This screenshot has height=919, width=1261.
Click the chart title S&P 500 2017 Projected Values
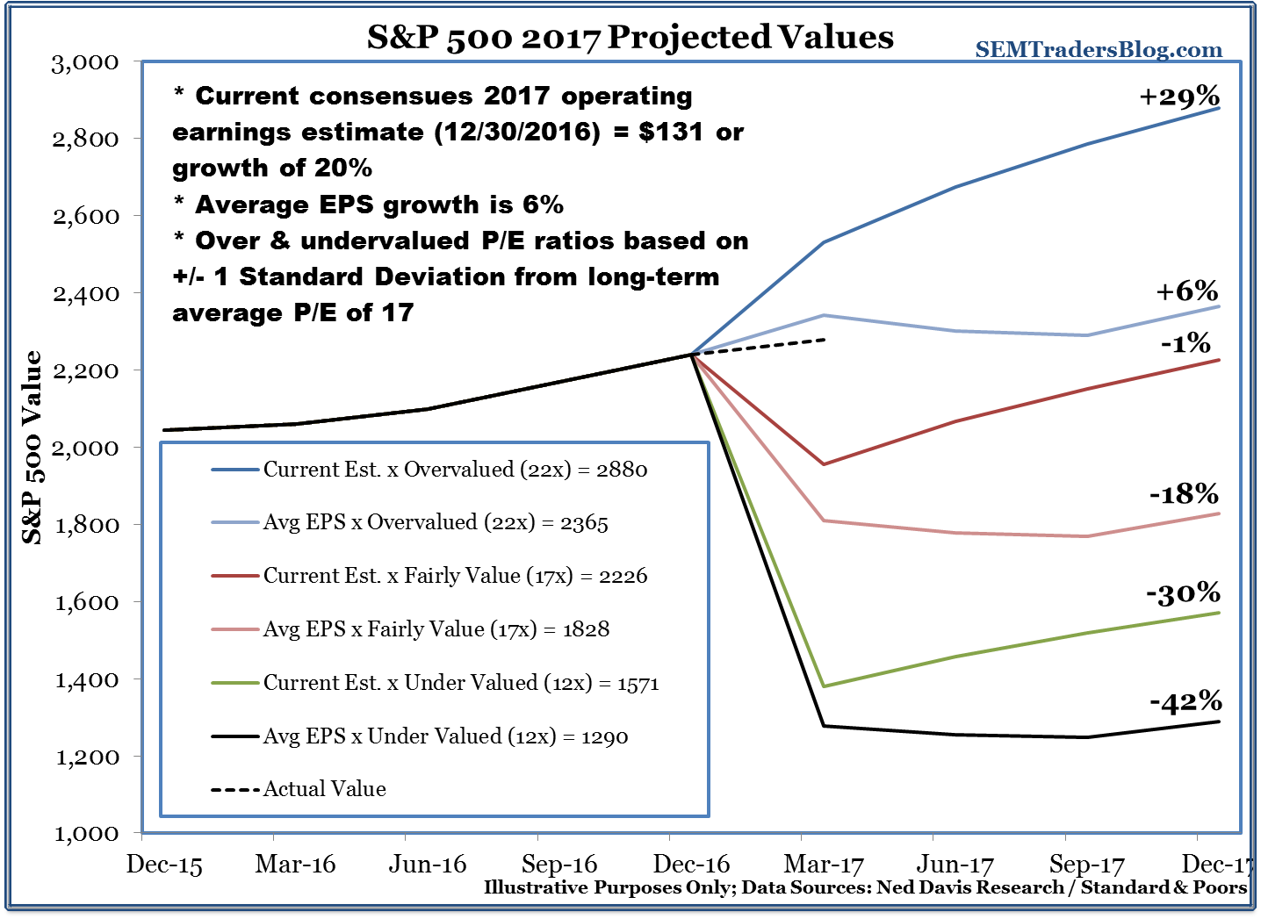click(x=630, y=37)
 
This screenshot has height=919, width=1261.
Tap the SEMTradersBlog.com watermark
click(x=1099, y=50)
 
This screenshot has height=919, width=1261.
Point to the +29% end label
click(x=1179, y=96)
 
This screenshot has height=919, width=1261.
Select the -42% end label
click(x=1185, y=701)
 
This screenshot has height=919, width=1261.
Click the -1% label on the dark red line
click(x=1185, y=343)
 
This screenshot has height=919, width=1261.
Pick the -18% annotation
click(x=1184, y=494)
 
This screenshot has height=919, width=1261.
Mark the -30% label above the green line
click(x=1183, y=594)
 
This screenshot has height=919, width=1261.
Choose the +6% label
click(x=1186, y=291)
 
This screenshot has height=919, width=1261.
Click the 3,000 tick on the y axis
click(x=85, y=62)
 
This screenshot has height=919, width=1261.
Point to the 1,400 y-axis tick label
click(x=85, y=679)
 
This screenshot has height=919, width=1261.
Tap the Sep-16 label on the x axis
click(x=559, y=864)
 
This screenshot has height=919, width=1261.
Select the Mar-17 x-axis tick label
click(x=824, y=864)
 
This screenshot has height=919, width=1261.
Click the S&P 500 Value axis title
click(x=32, y=447)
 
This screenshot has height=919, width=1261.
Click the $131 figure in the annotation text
click(x=671, y=132)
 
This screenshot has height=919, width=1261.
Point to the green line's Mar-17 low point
click(x=824, y=686)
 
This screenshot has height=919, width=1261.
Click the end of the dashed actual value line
click(x=825, y=339)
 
